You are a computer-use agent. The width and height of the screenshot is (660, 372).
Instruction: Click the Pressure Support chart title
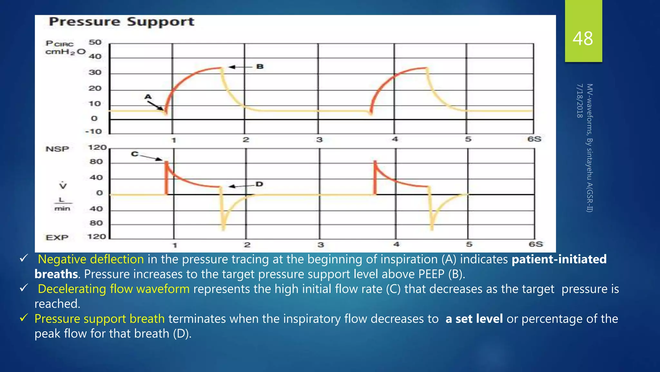coord(121,22)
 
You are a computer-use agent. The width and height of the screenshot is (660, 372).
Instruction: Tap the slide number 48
coord(583,39)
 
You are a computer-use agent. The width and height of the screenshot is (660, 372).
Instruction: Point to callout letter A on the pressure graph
coord(148,97)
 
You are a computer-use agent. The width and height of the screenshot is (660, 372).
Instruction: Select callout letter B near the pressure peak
coord(260,67)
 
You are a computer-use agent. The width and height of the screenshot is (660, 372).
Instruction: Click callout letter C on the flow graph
coord(135,154)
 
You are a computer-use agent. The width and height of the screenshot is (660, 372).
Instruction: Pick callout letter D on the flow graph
coord(259,184)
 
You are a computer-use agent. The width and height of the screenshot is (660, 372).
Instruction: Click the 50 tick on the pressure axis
coord(95,42)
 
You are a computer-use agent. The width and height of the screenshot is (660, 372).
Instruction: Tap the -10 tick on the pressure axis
coord(93,131)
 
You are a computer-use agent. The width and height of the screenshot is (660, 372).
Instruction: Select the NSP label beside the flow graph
coord(57,149)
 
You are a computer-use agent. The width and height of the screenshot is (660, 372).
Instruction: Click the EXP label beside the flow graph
coord(57,237)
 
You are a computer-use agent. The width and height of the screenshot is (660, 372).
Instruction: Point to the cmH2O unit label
coord(65,52)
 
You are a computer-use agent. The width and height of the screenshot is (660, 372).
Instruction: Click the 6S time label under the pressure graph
coord(534,139)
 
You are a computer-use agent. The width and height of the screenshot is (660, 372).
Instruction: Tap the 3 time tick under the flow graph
coord(320,245)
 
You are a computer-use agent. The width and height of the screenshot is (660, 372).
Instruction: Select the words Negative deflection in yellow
coord(91,259)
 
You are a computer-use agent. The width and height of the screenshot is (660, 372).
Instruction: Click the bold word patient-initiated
coord(559,259)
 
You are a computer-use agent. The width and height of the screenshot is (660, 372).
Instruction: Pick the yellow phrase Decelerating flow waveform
coord(114,289)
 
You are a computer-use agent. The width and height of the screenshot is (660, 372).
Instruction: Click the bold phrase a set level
coord(474,319)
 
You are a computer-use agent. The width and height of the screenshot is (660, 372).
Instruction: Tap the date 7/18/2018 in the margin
coord(580,101)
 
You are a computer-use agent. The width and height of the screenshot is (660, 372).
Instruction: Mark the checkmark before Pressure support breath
coord(24,318)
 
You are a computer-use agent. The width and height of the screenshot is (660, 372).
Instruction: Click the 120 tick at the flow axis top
coord(97,148)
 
